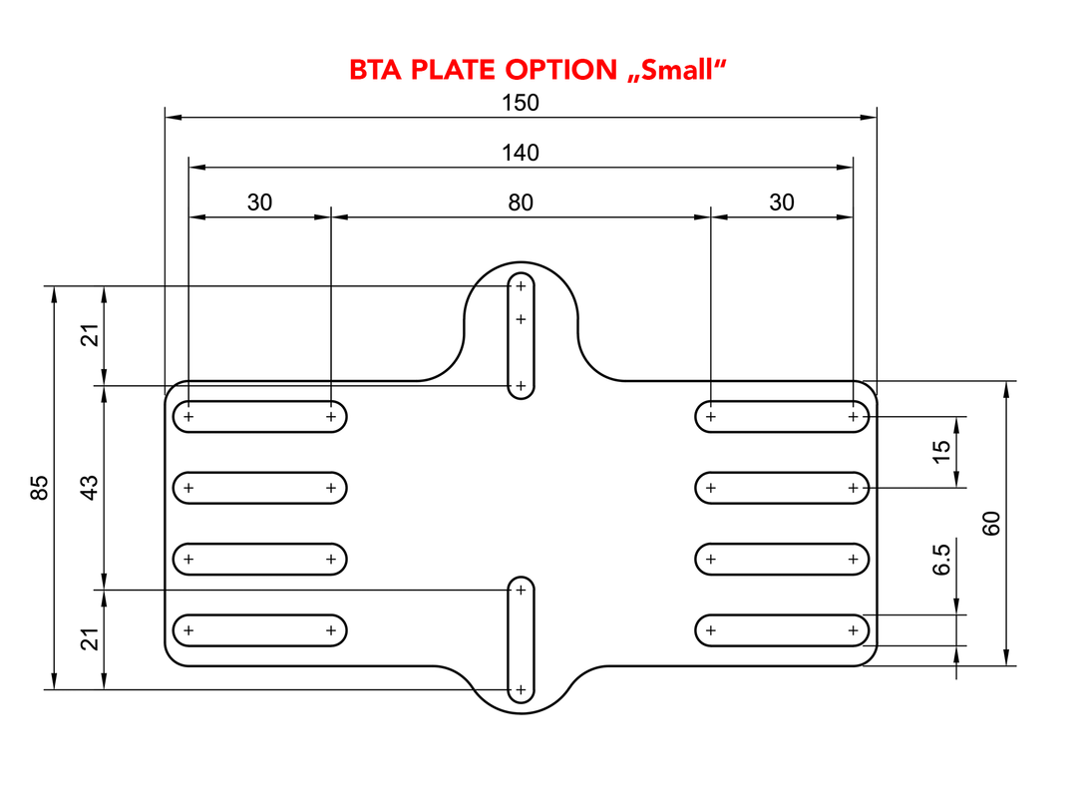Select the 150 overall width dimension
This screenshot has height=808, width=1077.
click(521, 103)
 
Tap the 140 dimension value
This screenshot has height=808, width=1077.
click(521, 153)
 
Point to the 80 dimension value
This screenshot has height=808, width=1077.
click(521, 202)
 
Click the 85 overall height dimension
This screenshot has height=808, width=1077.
click(40, 488)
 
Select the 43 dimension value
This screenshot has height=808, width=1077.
click(90, 488)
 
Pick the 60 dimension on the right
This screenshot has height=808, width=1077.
click(991, 524)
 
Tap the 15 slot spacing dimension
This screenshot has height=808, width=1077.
click(941, 452)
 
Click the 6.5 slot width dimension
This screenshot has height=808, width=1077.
click(941, 560)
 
